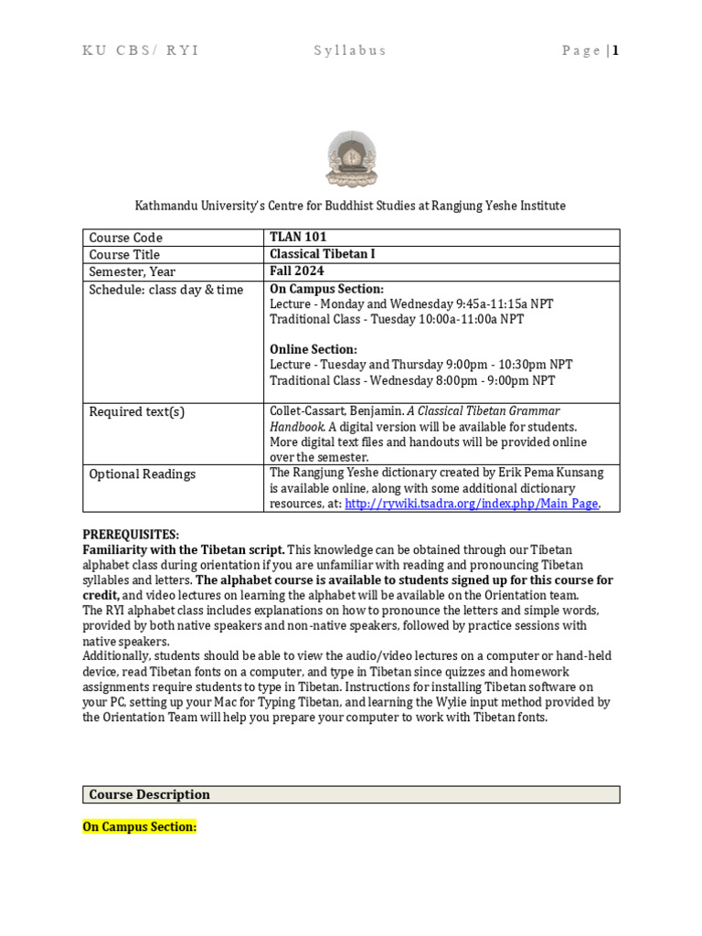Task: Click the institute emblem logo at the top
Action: tap(350, 158)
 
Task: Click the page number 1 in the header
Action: tap(616, 50)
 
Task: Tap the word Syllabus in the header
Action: tap(349, 50)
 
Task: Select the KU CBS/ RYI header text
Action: tap(140, 50)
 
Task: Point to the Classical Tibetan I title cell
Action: tap(322, 254)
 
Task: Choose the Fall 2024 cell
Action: tap(297, 271)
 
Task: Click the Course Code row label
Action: tap(125, 238)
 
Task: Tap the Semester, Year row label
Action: tap(132, 271)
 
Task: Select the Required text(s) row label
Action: tap(136, 411)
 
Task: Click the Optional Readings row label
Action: tap(142, 473)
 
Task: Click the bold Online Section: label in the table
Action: tap(314, 349)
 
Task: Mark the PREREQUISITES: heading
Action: tap(131, 534)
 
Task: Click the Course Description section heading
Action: tap(149, 794)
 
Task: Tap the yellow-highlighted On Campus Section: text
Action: tap(140, 826)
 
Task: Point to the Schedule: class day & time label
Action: tap(166, 290)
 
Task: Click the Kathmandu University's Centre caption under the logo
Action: tap(350, 206)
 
